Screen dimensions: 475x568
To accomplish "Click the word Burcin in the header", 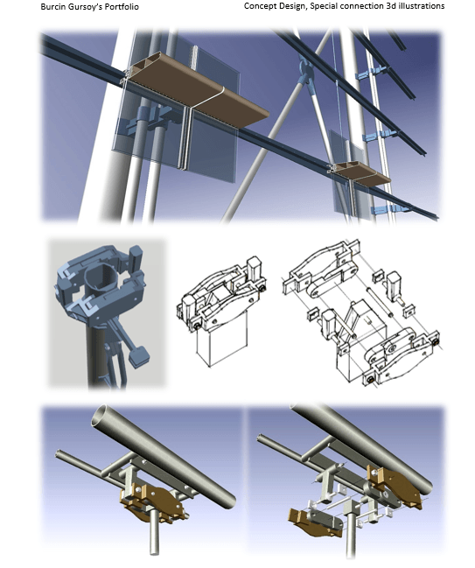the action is click(x=51, y=6).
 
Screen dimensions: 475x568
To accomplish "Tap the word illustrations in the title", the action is click(x=422, y=6).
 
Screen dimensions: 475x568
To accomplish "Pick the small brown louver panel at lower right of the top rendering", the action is click(x=362, y=173).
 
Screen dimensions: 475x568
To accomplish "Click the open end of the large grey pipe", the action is click(x=101, y=416).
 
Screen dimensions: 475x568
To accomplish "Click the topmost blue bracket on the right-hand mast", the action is click(x=370, y=74).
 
